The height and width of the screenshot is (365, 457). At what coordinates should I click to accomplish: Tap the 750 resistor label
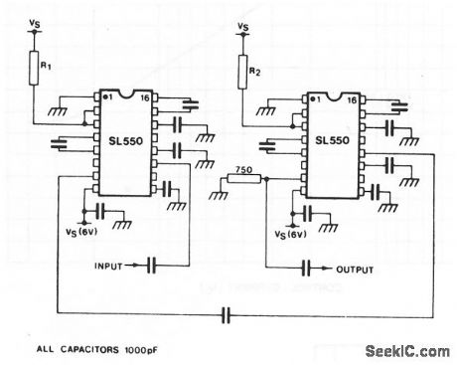coord(240,167)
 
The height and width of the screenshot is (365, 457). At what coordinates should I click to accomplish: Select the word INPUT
coord(112,267)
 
